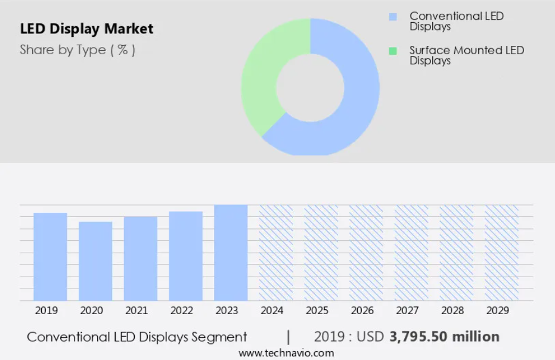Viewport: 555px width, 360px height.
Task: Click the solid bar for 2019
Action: [x=50, y=257]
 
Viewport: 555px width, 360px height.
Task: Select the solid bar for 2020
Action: [x=95, y=261]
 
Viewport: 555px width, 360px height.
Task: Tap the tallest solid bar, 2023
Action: [x=231, y=253]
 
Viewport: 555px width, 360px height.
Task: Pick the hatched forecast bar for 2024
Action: [x=276, y=253]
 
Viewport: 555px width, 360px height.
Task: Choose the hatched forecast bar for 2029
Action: [x=501, y=253]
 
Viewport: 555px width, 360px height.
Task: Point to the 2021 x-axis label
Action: [x=137, y=311]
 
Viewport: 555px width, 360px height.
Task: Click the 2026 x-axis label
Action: [x=362, y=311]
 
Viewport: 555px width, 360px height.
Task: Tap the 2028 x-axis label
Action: [x=452, y=311]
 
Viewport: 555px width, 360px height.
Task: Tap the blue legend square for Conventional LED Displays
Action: [x=393, y=17]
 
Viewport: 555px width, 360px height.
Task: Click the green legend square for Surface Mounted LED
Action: [x=393, y=51]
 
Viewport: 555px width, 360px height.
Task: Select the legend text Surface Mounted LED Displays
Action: [x=467, y=55]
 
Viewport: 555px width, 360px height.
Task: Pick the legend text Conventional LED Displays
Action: [x=457, y=21]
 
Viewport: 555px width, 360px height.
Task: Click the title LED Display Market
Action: [x=86, y=29]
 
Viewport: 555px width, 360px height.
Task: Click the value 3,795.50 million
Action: [x=445, y=337]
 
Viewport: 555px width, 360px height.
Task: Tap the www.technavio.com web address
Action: [x=286, y=353]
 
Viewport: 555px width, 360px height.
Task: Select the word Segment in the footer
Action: [x=219, y=337]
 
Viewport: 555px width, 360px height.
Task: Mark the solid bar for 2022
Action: [x=186, y=256]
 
